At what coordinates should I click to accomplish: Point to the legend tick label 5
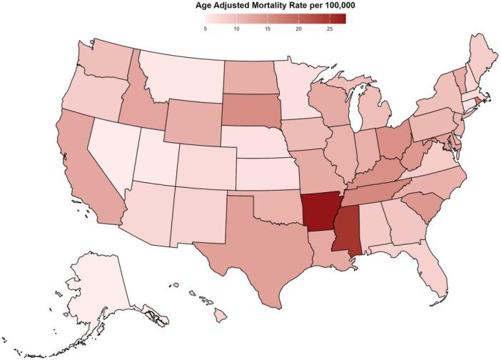(206, 29)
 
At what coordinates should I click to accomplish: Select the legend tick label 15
(267, 29)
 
